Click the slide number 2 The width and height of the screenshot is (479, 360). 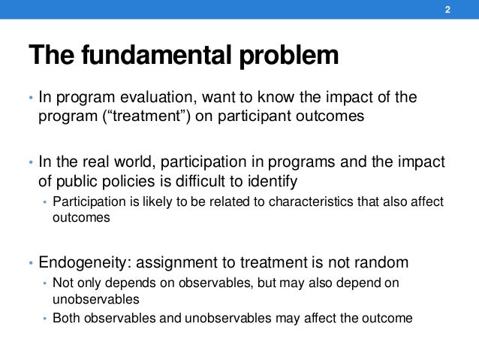[x=447, y=11]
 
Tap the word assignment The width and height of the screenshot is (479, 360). [x=189, y=262]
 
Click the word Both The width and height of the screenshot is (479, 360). [x=65, y=318]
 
